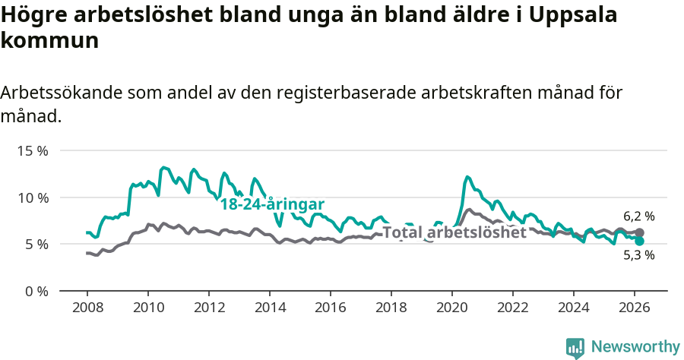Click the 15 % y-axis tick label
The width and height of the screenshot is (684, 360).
click(x=33, y=150)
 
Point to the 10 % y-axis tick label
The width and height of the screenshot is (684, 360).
click(x=33, y=197)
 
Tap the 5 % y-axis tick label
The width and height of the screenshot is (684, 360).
click(x=36, y=244)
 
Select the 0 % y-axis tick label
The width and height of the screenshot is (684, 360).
click(x=36, y=291)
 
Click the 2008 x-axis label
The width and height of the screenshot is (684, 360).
click(x=87, y=308)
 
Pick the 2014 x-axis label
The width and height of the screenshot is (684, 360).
click(x=269, y=308)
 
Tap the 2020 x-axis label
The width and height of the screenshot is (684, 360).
click(x=452, y=308)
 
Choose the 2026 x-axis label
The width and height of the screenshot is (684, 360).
click(x=635, y=308)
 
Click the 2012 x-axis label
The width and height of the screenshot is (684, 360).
click(x=208, y=308)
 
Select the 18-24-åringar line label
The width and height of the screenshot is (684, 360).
click(x=272, y=204)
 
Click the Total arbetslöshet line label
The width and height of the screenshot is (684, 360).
click(x=454, y=232)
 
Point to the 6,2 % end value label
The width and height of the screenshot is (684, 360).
click(x=639, y=216)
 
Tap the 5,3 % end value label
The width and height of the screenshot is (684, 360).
click(x=639, y=256)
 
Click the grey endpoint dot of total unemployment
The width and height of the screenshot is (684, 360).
click(x=640, y=232)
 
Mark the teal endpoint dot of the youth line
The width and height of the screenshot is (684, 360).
click(x=640, y=241)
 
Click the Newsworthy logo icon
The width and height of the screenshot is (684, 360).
click(x=575, y=348)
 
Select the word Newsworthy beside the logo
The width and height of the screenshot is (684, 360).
click(x=635, y=347)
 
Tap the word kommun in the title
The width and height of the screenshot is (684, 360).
click(x=50, y=40)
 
